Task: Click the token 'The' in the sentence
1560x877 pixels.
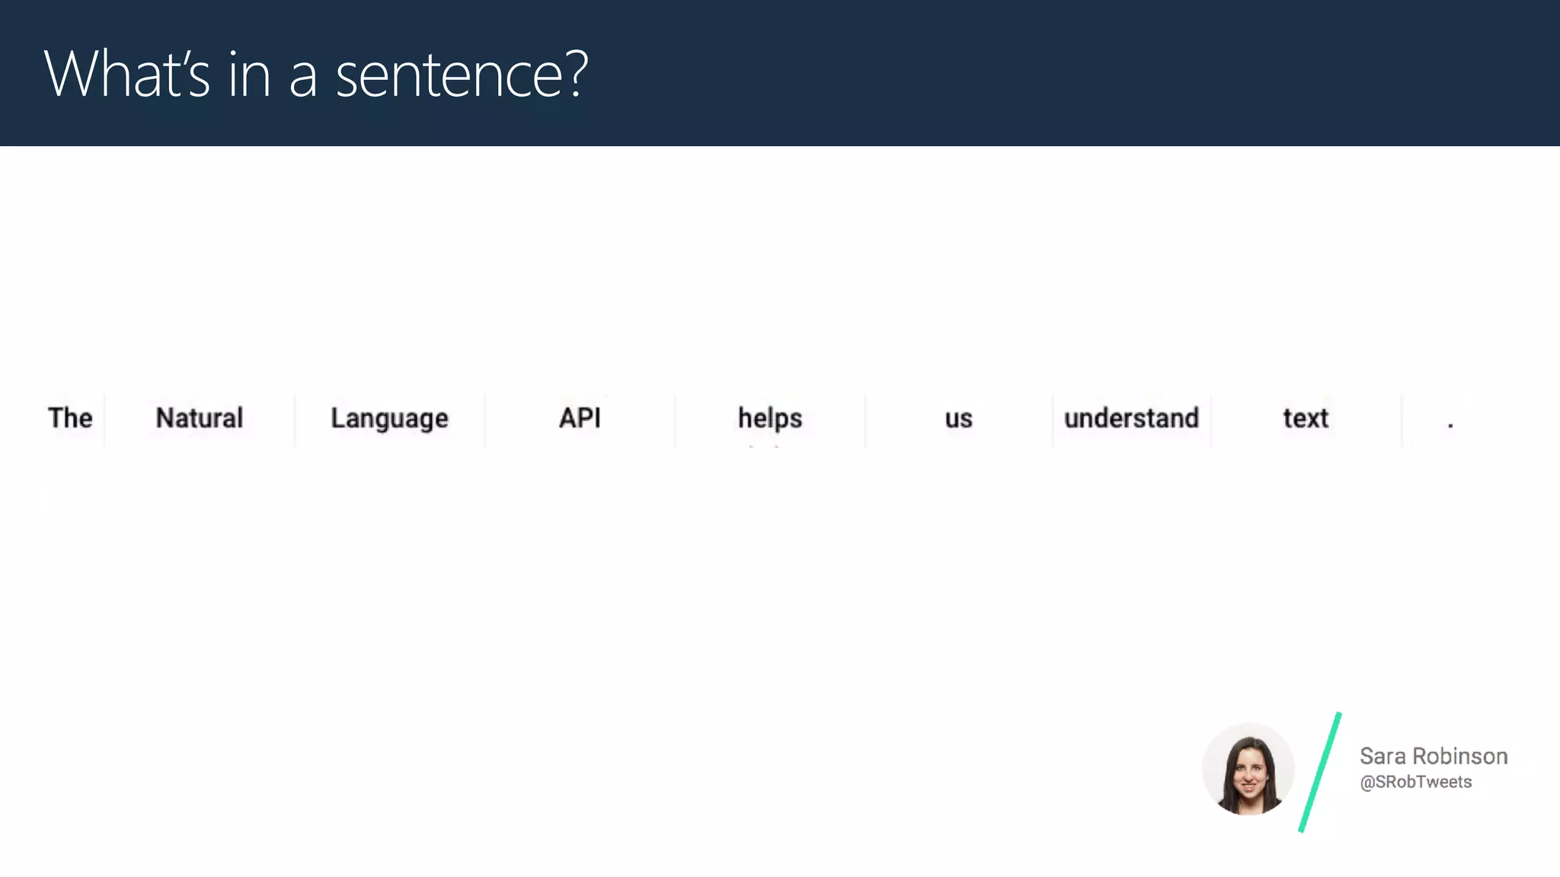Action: click(70, 418)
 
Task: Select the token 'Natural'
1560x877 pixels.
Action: click(199, 418)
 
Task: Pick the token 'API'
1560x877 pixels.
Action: click(580, 418)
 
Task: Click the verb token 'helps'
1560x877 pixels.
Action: click(769, 419)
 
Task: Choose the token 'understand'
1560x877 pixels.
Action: click(1131, 418)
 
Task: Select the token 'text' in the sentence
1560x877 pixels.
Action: click(1305, 418)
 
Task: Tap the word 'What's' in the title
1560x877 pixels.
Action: click(126, 75)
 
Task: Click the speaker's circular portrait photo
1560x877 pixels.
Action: click(1248, 769)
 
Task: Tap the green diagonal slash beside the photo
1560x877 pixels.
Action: click(1320, 772)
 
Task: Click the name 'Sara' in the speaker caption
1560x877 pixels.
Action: click(1383, 756)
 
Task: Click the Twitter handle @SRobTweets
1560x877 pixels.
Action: click(1415, 782)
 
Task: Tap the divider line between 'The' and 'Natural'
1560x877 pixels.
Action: click(104, 420)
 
